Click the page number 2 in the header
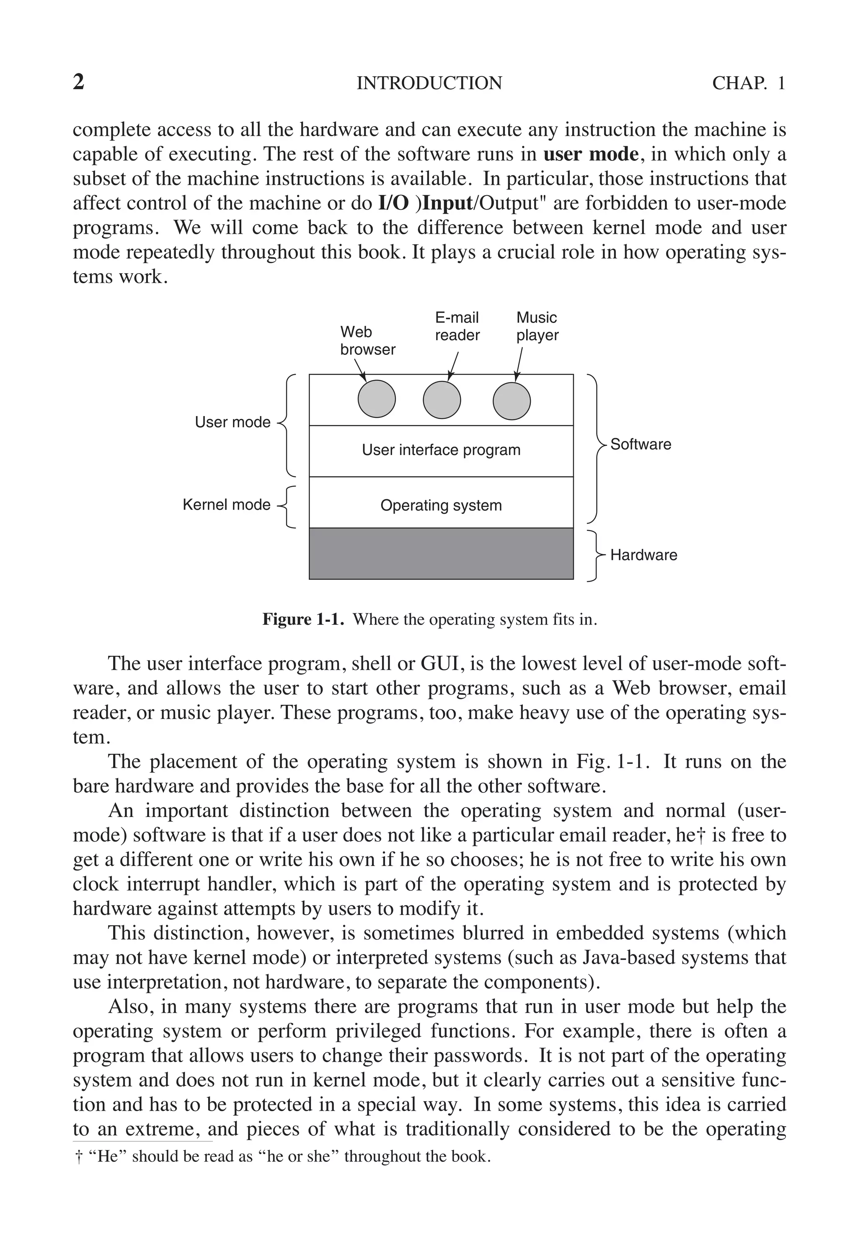click(78, 82)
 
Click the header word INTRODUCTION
click(429, 83)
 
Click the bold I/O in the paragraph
click(393, 204)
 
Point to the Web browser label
click(367, 341)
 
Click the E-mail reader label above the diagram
click(457, 326)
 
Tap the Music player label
click(537, 326)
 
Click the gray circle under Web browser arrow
click(377, 399)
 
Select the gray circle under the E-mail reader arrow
click(442, 400)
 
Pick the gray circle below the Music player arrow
click(512, 401)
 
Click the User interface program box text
click(441, 450)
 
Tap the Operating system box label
click(441, 506)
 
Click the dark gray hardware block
click(441, 553)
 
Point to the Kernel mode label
click(227, 505)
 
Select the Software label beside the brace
click(641, 445)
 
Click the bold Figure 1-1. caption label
click(303, 619)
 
